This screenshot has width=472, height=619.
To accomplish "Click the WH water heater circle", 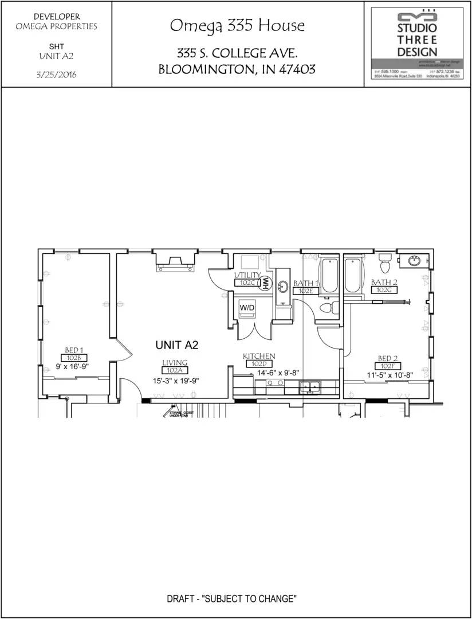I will pos(265,283).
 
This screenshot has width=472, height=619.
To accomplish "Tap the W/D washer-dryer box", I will pos(247,308).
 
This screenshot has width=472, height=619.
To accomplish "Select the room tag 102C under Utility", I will pos(246,283).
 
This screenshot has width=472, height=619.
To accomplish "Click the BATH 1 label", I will pos(305,283).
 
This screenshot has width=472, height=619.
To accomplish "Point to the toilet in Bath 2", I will pos(385,263).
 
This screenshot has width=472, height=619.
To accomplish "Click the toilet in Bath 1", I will pos(327,308).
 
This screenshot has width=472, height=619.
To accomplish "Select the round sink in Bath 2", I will pos(414,261).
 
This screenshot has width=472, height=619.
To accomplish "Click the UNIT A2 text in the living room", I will pos(176,345).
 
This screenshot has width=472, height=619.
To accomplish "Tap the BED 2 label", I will pos(387,359).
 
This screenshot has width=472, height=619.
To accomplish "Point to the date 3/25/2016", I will pos(56,75).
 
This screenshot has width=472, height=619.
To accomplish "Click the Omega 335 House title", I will pos(237,26).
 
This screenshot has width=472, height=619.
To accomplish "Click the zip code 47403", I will pos(297,70).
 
